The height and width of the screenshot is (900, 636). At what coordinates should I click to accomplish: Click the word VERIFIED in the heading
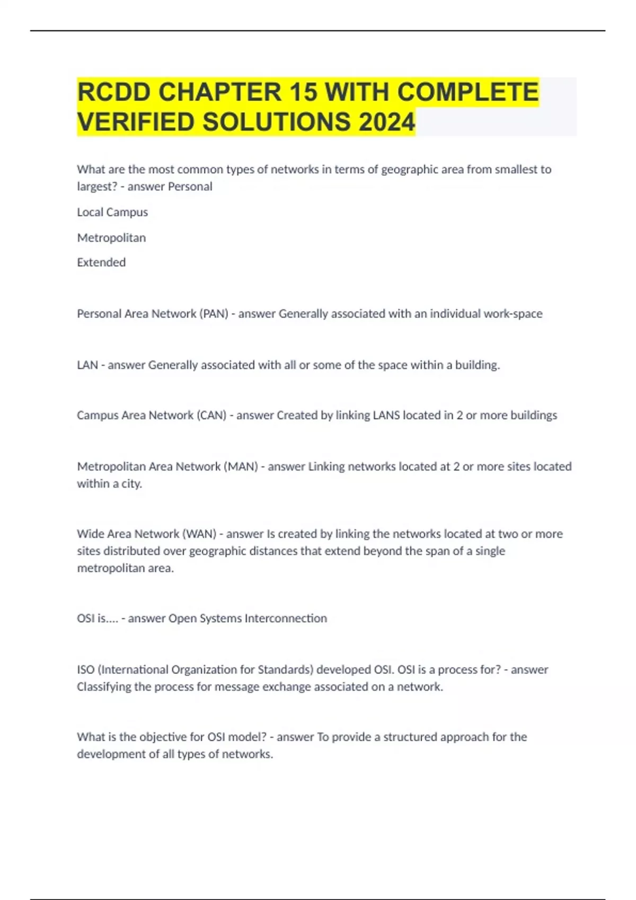[x=136, y=122]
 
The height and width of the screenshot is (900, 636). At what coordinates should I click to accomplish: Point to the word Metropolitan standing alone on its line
[x=111, y=238]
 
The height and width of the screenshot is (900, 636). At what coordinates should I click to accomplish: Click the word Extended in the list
[x=101, y=263]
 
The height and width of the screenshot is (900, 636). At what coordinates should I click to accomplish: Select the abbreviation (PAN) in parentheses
[x=214, y=314]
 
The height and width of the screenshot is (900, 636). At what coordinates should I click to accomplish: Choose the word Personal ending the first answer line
[x=190, y=187]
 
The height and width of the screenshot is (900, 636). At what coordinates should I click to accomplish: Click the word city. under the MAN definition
[x=131, y=484]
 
